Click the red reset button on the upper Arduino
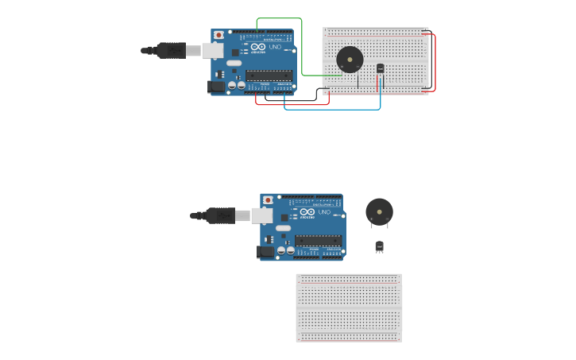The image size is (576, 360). [x=218, y=36]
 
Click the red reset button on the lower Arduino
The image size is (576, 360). [x=268, y=200]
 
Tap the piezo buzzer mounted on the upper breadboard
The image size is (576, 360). [x=350, y=60]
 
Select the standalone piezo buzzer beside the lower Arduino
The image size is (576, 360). [x=379, y=212]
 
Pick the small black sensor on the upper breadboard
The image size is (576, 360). [x=380, y=68]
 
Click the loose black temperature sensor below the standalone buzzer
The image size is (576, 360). [x=379, y=246]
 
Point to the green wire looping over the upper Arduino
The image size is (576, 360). [x=278, y=18]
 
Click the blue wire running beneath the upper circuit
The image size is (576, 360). [x=334, y=109]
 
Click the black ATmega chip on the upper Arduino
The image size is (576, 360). [x=269, y=75]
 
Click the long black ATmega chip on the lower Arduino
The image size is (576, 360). [x=318, y=240]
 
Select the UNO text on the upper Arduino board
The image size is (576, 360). [x=275, y=48]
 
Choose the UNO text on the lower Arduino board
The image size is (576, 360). [x=324, y=212]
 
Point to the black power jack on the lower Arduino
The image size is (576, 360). [x=265, y=251]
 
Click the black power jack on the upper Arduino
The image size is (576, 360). [x=215, y=87]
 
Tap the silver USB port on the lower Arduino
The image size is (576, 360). [x=261, y=215]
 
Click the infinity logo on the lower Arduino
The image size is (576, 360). [x=307, y=212]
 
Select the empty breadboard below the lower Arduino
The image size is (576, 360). [x=349, y=308]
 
